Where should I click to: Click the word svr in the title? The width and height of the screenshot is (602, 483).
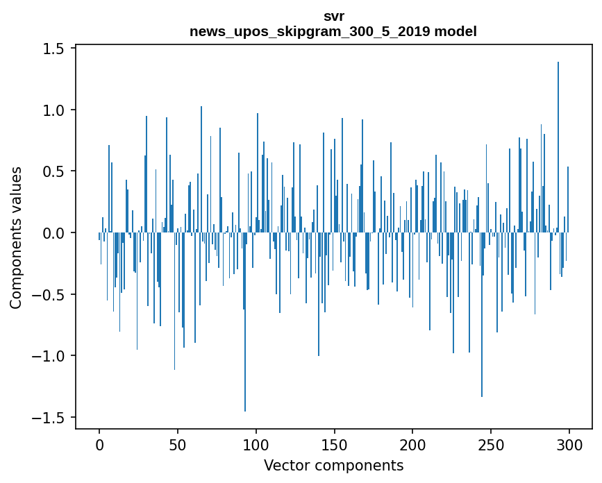tap(333, 16)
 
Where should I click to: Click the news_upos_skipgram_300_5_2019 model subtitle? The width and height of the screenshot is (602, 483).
tap(333, 31)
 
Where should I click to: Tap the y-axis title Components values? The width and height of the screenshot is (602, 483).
tap(15, 237)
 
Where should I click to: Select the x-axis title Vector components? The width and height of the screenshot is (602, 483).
tap(333, 465)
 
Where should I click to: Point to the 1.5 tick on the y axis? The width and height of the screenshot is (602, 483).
tap(54, 49)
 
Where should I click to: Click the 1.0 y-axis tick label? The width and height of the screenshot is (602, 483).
tap(54, 110)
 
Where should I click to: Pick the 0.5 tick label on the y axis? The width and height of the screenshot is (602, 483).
tap(54, 171)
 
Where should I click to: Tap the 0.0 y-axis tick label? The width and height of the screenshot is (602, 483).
tap(54, 233)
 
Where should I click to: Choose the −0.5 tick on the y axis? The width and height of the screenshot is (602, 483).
tap(50, 295)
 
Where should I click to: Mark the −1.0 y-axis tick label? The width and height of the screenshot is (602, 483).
tap(50, 356)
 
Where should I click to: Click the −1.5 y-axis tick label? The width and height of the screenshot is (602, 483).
tap(50, 418)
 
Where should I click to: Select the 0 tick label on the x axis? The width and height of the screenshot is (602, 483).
tap(99, 444)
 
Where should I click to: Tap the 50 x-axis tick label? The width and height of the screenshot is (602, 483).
tap(178, 444)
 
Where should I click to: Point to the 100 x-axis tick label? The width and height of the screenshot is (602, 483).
tap(256, 444)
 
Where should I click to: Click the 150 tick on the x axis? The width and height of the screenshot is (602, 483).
tap(334, 444)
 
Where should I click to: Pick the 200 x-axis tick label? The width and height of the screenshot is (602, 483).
tap(412, 444)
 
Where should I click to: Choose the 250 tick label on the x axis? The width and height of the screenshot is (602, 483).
tap(491, 444)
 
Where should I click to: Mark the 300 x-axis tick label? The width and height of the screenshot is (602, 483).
tap(569, 444)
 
